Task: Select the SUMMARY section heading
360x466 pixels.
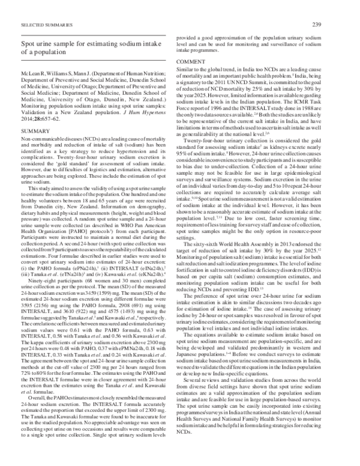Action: pyautogui.click(x=34, y=147)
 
